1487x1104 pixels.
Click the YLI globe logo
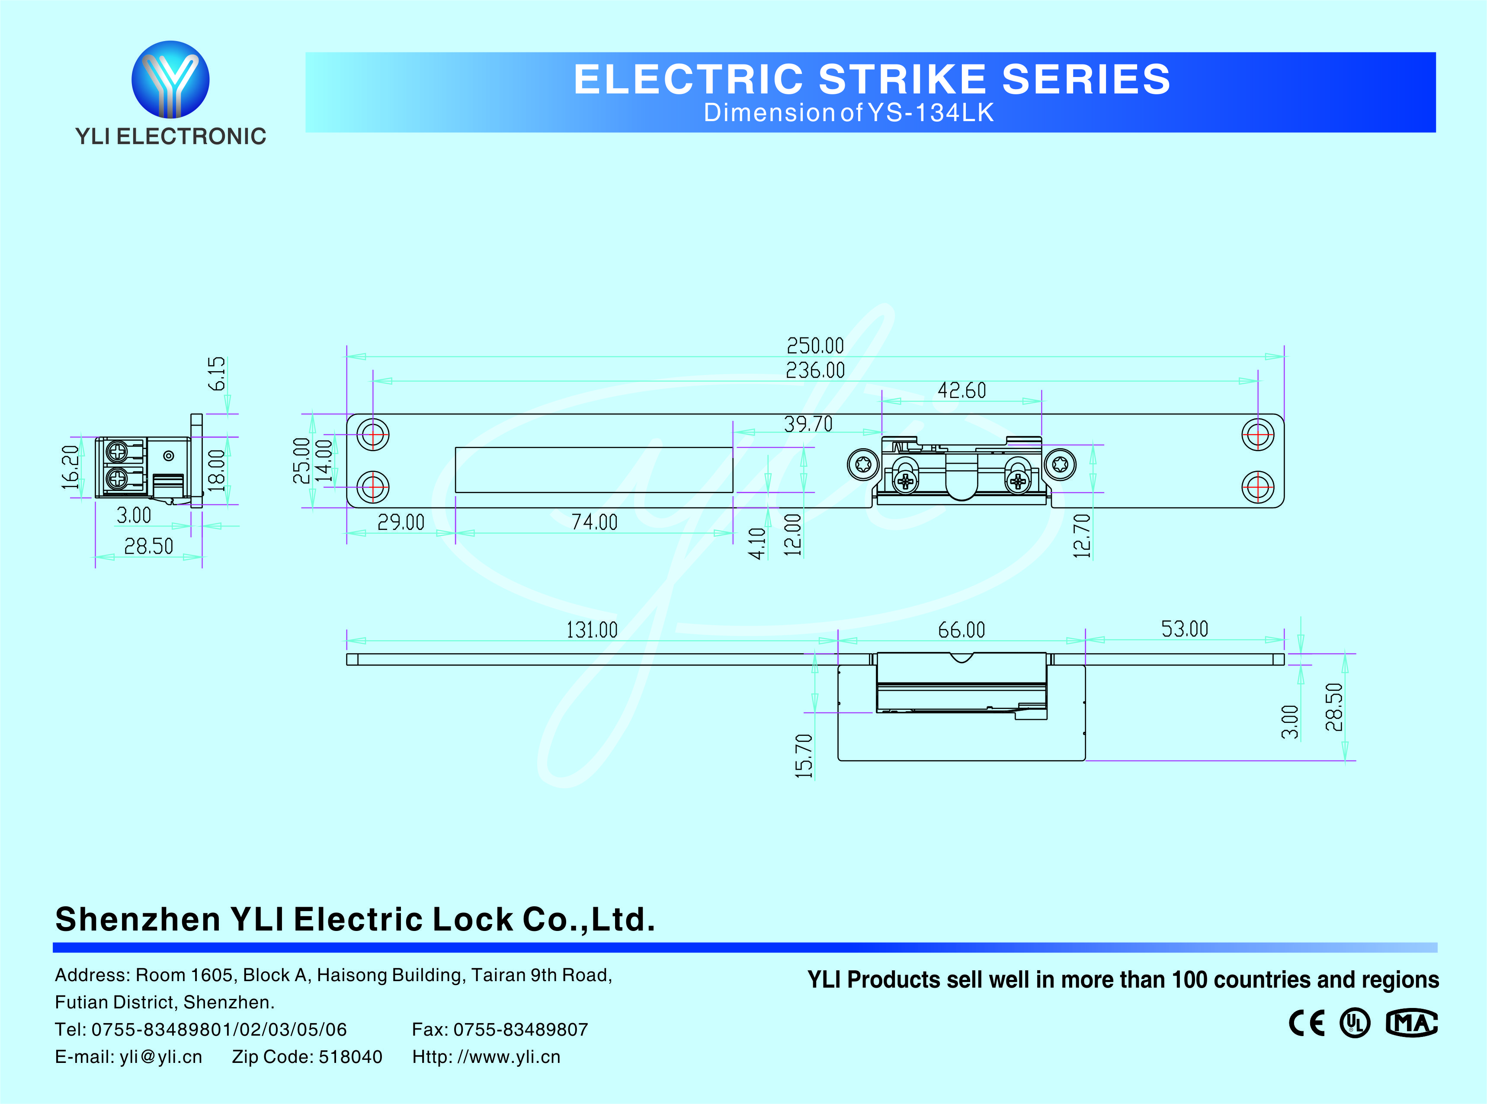pos(170,79)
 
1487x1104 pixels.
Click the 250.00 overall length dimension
pos(815,346)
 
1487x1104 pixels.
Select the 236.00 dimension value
pos(815,369)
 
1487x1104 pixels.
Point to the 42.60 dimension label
pos(961,390)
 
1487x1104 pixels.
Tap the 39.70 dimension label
pos(808,424)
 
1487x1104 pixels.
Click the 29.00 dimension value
pos(401,522)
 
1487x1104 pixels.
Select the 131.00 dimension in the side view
pos(592,629)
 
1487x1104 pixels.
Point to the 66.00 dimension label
pos(961,629)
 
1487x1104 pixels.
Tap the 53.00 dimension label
pos(1184,629)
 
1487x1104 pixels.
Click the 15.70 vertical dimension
pos(804,756)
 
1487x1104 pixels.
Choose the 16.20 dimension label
pos(70,467)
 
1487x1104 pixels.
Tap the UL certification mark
pos(1355,1023)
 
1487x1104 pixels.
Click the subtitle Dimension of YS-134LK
pos(848,113)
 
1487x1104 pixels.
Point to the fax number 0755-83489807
pos(520,1029)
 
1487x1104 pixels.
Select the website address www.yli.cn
pos(514,1056)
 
